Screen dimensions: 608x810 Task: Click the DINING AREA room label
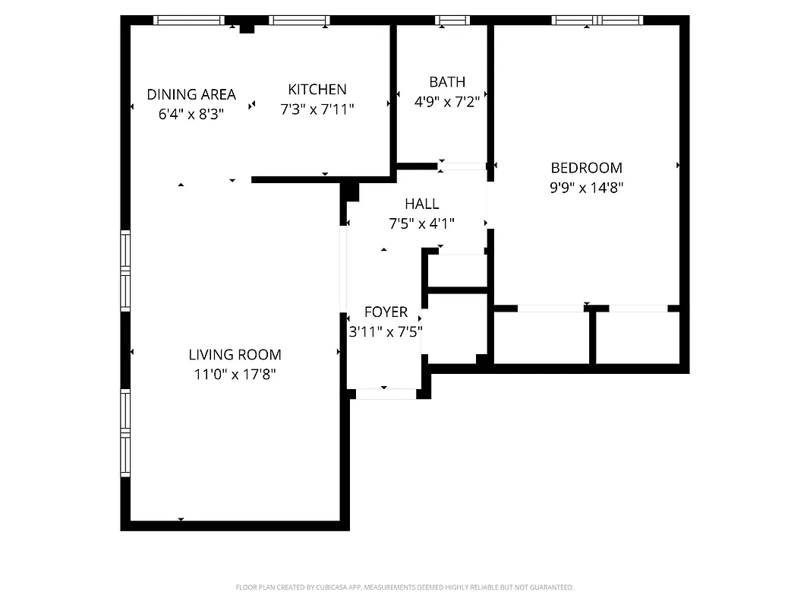191,94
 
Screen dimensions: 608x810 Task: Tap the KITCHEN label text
317,89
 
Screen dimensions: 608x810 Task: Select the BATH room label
447,81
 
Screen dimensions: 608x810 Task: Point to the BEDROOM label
586,168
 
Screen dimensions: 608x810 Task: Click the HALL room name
421,204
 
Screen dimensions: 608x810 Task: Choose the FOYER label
386,312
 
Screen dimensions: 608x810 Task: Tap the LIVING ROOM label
235,354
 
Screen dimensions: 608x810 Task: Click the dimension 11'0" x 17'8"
235,374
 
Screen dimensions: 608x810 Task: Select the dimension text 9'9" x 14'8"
586,188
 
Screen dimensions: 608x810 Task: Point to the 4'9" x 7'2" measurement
447,101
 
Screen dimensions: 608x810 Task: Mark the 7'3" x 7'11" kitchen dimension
317,109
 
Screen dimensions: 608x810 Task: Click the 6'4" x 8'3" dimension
191,114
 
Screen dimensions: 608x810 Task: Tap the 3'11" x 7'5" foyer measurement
386,331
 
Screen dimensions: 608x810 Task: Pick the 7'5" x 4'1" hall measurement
421,223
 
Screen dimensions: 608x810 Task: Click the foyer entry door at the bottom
386,394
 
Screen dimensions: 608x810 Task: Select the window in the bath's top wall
452,21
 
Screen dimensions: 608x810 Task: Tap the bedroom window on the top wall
597,21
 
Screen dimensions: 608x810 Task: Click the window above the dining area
189,21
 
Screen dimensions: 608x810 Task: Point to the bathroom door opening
462,166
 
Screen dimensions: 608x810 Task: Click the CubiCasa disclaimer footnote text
405,587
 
